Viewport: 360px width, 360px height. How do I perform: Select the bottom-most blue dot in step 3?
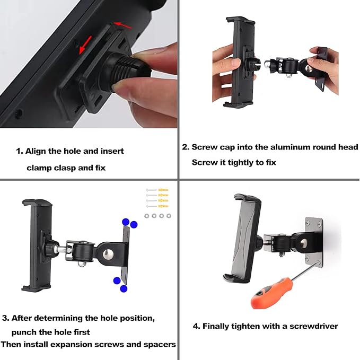[124, 288]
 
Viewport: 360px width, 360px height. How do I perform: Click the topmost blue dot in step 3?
[126, 222]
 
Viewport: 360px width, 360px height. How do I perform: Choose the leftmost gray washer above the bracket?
[147, 216]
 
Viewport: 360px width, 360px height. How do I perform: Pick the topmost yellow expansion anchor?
[162, 190]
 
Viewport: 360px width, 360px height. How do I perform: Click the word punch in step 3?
[24, 332]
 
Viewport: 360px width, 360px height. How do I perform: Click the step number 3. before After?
[6, 318]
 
